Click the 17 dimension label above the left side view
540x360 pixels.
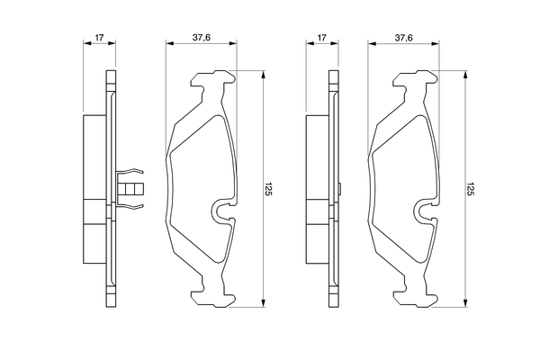point(99,38)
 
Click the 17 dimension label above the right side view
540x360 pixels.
point(321,38)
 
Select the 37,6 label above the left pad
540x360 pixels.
point(201,38)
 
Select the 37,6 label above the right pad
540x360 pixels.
point(403,38)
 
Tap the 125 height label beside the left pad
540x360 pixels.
point(268,189)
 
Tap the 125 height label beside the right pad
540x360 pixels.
point(471,189)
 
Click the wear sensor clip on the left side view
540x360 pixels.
point(130,189)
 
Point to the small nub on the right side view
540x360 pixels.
point(339,189)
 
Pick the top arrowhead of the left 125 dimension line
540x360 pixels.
point(264,75)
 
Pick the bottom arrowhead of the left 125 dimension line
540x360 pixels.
point(264,303)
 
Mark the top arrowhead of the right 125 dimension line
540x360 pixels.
point(465,75)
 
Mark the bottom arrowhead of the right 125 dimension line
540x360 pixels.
point(465,303)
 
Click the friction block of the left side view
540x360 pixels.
point(94,189)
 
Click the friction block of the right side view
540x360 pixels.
point(318,189)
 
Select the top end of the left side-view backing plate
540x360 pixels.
point(112,71)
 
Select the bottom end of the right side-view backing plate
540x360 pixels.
point(334,307)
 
